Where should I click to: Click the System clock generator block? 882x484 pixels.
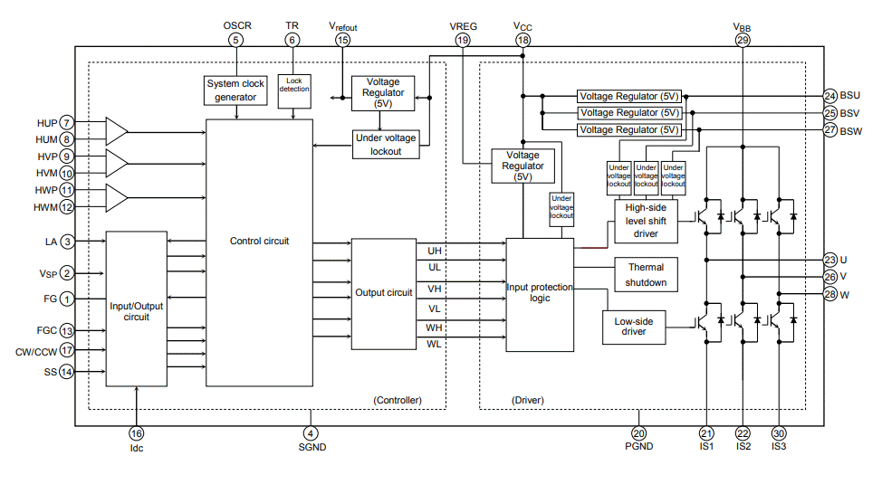tap(236, 90)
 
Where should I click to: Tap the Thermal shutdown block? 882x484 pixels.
tap(646, 275)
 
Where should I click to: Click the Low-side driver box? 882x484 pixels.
tap(633, 326)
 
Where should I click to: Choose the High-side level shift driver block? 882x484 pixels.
tap(646, 222)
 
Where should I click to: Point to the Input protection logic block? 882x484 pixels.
tap(540, 294)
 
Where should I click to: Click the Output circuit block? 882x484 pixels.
tap(383, 293)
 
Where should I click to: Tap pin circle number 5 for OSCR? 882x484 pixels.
tap(236, 40)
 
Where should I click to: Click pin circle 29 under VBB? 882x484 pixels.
tap(743, 40)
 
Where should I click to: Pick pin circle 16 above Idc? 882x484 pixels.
tap(136, 433)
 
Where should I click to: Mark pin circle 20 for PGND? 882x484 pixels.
tap(638, 433)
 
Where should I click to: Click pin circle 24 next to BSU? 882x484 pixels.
tap(830, 96)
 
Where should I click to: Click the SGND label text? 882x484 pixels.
tap(311, 448)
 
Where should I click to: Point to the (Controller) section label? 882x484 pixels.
tap(397, 400)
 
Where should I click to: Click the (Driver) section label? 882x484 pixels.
tap(527, 400)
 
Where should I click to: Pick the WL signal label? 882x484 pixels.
tap(434, 344)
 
